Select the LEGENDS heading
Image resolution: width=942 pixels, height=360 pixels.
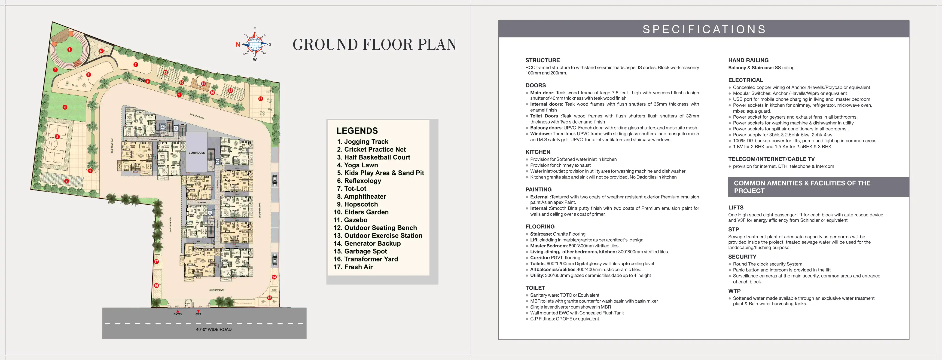357,131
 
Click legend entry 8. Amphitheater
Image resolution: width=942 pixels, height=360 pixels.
361,197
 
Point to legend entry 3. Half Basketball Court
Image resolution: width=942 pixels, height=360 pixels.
373,157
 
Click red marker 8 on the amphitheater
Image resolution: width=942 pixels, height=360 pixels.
70,50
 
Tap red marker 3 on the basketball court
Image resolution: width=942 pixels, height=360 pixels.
57,137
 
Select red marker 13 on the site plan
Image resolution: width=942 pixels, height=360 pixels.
261,99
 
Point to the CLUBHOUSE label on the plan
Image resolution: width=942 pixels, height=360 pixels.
197,153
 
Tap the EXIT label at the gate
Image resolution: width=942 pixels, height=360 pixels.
198,314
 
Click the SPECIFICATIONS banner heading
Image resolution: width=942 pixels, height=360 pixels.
704,29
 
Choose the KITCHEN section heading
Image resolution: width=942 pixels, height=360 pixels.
538,152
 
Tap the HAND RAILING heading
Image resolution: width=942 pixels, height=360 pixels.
748,60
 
